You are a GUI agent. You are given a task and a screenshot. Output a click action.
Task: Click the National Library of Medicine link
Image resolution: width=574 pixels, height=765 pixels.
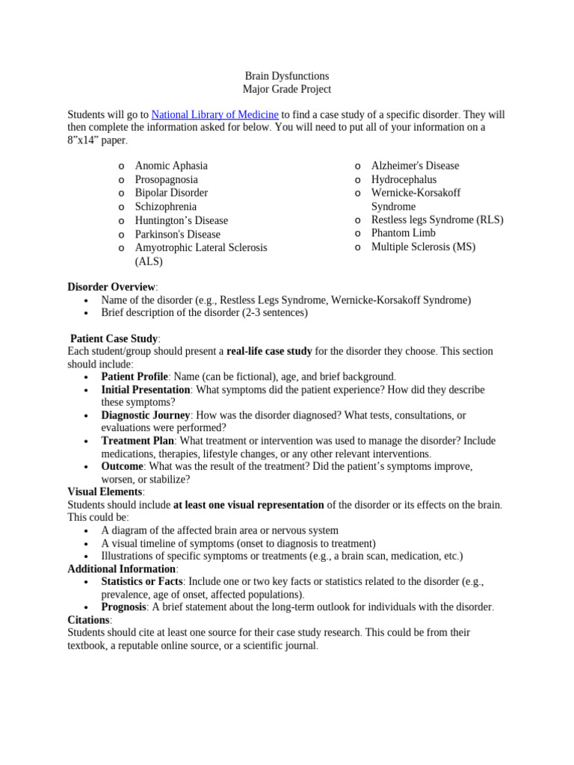215,115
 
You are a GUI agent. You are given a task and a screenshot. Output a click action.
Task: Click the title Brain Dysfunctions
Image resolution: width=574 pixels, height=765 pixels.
287,76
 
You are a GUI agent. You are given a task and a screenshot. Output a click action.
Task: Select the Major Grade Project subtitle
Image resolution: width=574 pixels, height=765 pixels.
287,90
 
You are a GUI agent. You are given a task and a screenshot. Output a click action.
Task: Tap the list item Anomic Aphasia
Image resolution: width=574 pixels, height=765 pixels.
171,166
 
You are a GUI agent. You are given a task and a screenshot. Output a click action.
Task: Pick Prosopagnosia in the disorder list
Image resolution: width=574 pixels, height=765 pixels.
166,179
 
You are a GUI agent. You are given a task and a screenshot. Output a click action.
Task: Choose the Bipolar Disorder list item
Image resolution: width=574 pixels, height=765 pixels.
171,193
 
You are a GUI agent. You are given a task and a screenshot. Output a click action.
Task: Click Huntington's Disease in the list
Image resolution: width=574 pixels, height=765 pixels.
181,220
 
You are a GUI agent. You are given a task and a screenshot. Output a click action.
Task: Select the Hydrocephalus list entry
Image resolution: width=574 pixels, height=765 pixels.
404,179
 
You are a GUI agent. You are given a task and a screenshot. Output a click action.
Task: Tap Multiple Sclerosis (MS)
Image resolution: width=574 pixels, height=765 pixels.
423,247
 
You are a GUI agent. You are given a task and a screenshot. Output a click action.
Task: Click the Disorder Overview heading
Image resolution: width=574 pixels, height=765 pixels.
112,287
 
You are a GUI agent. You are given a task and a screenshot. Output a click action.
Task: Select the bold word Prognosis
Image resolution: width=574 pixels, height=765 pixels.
123,607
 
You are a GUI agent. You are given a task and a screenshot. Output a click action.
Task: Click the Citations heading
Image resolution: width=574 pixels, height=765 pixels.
89,620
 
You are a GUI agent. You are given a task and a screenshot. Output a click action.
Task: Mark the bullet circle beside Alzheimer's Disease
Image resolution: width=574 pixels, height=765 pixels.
358,167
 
